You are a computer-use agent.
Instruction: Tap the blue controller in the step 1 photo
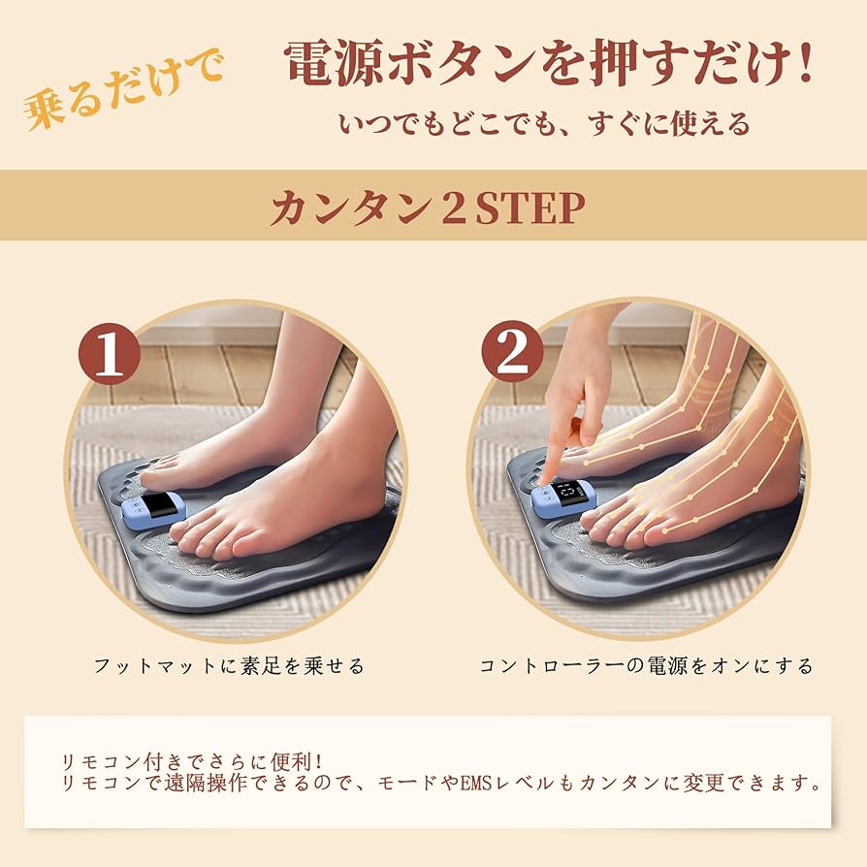pos(154,508)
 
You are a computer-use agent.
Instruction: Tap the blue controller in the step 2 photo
pos(563,498)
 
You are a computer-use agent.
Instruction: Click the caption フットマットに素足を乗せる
pos(229,666)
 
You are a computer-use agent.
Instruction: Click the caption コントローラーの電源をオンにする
pos(645,666)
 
